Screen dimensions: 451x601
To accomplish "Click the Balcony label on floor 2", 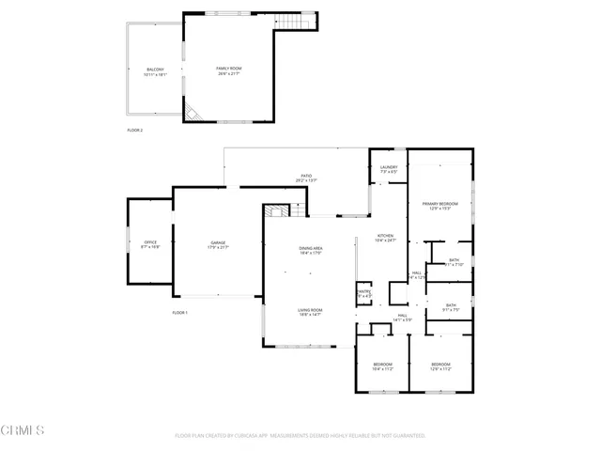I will point(155,71).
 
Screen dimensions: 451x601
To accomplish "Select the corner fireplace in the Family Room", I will point(191,113).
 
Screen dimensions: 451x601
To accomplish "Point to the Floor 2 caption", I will point(135,130).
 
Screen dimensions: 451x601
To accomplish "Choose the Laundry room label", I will point(389,170).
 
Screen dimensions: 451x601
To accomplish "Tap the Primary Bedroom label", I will point(439,206).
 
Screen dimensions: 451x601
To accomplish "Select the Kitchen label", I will point(385,239).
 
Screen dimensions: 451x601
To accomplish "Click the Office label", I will point(150,244).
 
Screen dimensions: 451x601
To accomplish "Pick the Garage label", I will point(218,246).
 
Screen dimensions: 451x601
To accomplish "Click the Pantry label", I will point(363,294).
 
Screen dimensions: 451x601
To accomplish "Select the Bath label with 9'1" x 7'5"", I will point(451,307).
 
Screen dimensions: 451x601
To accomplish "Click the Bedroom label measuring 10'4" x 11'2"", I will point(382,365).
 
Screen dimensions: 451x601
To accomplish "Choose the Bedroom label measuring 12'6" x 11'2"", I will point(440,365).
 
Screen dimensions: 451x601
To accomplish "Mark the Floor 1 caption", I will point(180,312).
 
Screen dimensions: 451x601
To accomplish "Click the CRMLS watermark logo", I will point(23,430).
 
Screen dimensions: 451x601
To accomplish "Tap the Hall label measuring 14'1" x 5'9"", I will point(402,318).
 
